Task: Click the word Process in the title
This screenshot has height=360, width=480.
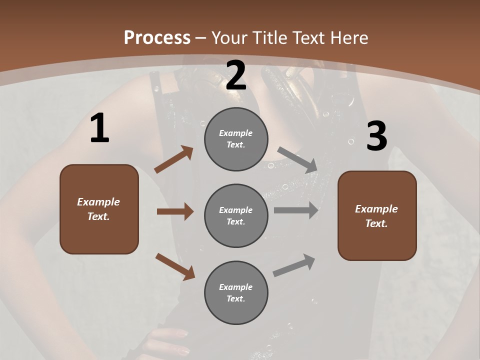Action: tap(157, 37)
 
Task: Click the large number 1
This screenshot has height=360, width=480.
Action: tap(99, 128)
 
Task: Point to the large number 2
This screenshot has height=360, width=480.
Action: tap(236, 76)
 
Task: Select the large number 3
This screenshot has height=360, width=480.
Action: tap(376, 136)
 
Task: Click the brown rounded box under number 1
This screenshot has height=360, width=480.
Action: tap(99, 209)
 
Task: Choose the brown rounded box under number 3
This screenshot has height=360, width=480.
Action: tap(377, 215)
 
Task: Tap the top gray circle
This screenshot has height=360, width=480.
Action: tap(236, 139)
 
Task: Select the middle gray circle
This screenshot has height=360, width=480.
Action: tap(236, 215)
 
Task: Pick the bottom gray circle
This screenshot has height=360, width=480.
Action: tap(236, 292)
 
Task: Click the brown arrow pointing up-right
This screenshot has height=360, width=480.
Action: tap(174, 159)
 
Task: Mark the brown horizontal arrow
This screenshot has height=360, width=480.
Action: tap(175, 211)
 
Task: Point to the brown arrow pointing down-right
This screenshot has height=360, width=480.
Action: tap(175, 266)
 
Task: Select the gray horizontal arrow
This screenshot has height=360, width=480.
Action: tap(296, 210)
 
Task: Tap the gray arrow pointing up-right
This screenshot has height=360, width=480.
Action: tap(294, 265)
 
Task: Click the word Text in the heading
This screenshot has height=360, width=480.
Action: tap(308, 37)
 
